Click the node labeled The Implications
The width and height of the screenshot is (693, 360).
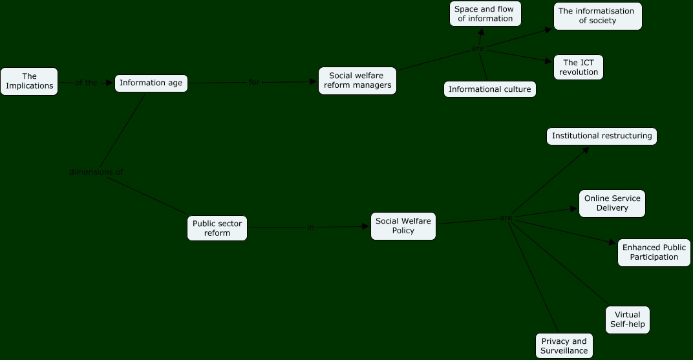click(29, 81)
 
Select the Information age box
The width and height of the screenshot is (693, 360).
click(151, 83)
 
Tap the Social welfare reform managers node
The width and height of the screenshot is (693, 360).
click(357, 81)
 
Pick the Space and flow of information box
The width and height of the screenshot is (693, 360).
click(485, 14)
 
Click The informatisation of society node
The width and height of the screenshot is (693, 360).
click(597, 16)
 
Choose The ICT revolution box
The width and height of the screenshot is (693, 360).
click(579, 67)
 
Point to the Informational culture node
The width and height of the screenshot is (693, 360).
click(489, 89)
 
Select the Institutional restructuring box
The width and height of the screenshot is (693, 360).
click(601, 136)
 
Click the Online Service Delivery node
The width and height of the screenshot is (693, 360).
click(612, 204)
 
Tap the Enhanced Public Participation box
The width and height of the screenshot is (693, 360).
click(654, 253)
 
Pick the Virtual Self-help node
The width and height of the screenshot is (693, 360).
click(627, 320)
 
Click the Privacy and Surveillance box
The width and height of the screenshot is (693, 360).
click(564, 346)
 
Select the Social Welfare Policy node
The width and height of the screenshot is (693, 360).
click(403, 226)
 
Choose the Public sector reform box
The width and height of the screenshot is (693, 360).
click(217, 228)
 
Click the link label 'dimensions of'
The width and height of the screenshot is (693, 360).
click(96, 172)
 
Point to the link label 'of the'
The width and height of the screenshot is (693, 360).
click(86, 83)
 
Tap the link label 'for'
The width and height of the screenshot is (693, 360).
click(254, 82)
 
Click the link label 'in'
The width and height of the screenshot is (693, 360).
click(310, 228)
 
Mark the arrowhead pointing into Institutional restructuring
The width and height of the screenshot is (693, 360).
click(586, 149)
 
